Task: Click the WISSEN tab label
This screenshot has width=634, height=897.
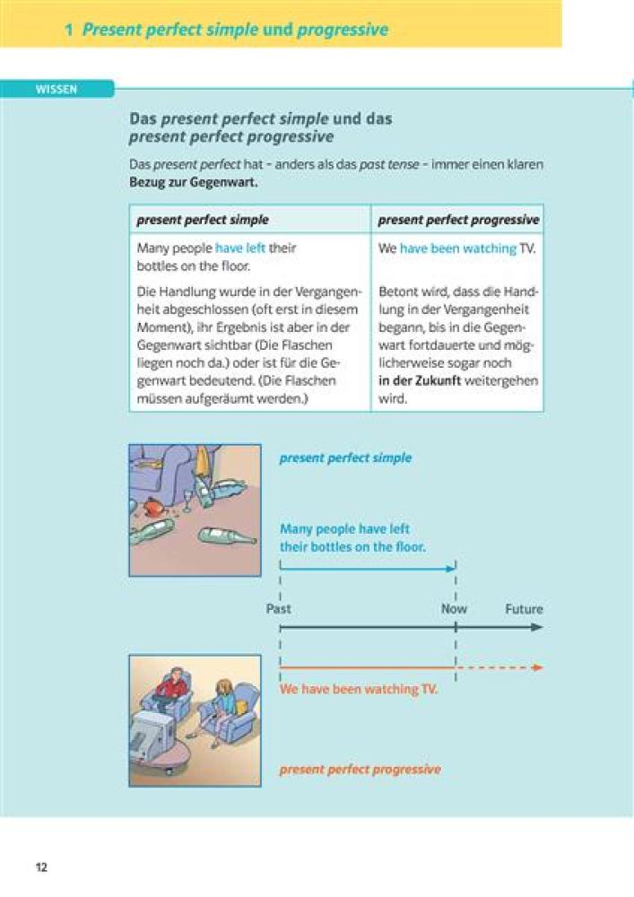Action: (56, 89)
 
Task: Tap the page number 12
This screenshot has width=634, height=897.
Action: (41, 867)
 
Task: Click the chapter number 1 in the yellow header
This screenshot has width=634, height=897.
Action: (68, 30)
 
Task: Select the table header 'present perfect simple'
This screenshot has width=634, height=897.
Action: (203, 220)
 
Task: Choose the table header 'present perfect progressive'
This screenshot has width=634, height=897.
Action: (458, 220)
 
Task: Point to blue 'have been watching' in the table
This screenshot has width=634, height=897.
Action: (458, 248)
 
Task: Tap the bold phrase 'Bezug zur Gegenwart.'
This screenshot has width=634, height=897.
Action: (194, 182)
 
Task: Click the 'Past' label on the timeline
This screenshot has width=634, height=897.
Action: (279, 609)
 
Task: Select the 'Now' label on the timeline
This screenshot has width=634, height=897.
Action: (454, 609)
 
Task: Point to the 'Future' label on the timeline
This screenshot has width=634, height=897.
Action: (524, 609)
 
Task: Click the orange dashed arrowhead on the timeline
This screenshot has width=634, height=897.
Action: (537, 667)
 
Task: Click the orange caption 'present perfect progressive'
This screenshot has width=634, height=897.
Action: (360, 770)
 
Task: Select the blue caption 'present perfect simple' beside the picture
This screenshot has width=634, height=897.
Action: (345, 457)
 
